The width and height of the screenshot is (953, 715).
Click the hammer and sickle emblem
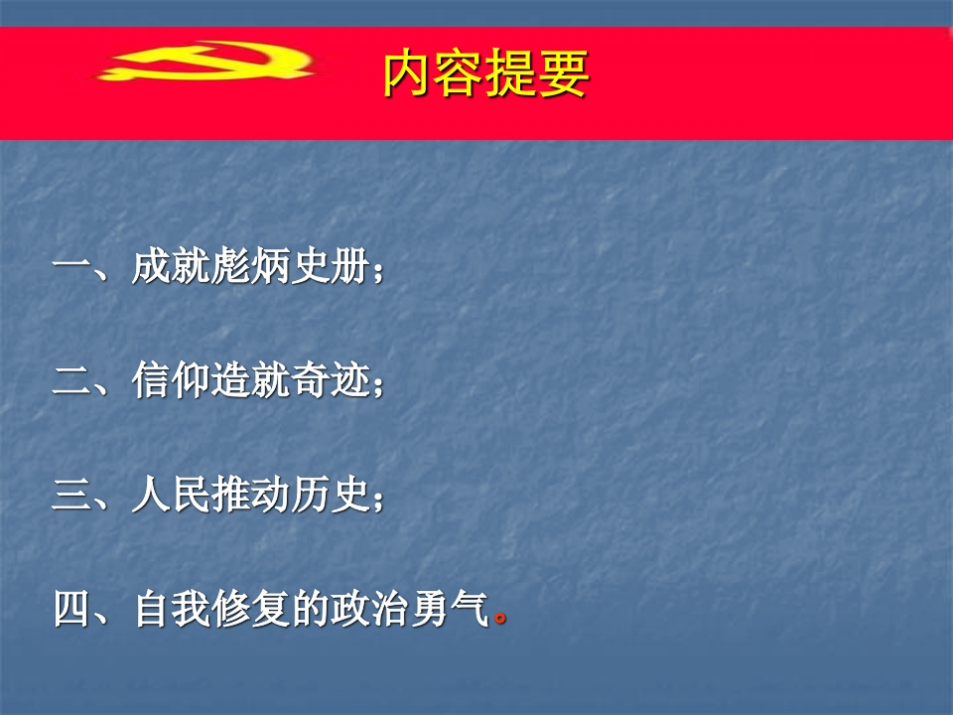click(206, 61)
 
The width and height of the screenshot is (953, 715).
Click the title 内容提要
click(486, 73)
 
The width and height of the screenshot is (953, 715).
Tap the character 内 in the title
click(408, 73)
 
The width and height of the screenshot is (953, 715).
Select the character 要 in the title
click(564, 73)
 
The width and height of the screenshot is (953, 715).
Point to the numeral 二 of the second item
click(71, 381)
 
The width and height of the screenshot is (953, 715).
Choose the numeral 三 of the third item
click(71, 495)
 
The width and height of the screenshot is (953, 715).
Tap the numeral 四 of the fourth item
click(71, 609)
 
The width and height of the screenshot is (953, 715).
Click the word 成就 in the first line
click(171, 266)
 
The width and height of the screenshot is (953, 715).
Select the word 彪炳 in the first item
click(250, 266)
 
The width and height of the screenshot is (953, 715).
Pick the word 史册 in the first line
click(330, 266)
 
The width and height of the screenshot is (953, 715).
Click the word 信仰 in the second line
click(171, 380)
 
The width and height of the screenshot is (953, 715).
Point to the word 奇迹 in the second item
click(330, 380)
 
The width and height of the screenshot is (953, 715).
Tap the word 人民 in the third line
click(171, 494)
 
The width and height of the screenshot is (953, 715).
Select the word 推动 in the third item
click(250, 494)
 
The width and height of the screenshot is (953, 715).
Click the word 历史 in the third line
click(330, 494)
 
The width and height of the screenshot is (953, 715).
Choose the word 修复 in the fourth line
click(250, 608)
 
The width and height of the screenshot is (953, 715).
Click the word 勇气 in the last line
click(449, 608)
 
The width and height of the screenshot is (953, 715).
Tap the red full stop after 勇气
click(500, 619)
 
